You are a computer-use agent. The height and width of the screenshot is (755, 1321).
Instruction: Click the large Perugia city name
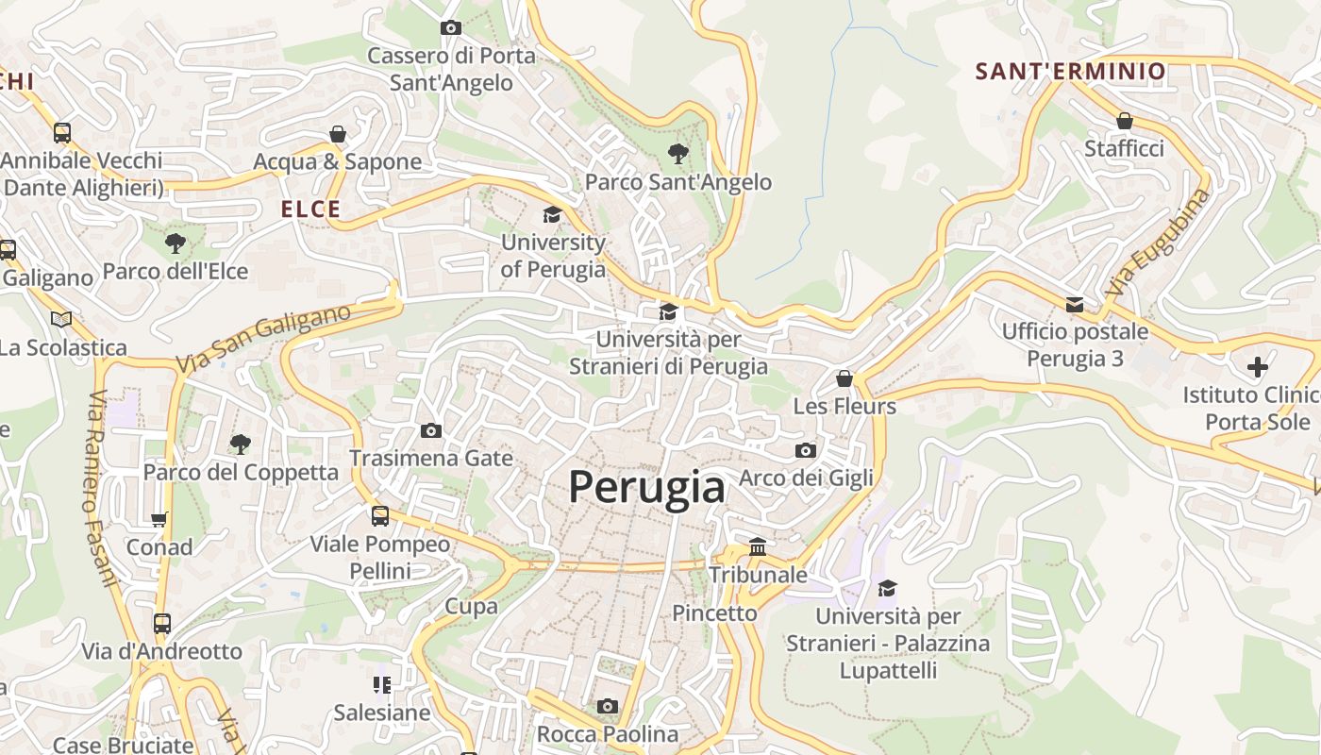point(646,488)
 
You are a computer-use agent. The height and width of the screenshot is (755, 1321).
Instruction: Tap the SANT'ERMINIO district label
point(1070,72)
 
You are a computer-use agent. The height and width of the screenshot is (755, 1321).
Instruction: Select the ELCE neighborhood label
point(310,210)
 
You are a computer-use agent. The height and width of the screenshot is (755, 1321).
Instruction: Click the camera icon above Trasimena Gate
point(431,431)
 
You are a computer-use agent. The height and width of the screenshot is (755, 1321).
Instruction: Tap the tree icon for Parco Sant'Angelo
point(677,153)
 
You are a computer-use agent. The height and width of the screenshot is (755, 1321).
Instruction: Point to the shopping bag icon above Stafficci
point(1124,121)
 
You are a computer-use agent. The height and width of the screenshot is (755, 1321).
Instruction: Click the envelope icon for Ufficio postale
point(1075,304)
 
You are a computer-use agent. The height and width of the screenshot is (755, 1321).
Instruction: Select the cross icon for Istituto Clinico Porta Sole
point(1257,366)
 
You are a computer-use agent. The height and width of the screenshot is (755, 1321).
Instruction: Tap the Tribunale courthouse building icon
point(758,546)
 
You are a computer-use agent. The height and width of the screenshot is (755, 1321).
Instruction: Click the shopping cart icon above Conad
point(159,519)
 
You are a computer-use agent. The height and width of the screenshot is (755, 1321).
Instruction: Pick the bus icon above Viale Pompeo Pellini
point(380,516)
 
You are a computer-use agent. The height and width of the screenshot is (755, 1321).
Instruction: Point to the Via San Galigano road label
point(263,338)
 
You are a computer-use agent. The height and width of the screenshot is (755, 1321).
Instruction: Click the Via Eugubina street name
point(1158,243)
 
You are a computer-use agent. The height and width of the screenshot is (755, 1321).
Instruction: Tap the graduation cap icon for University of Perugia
point(552,215)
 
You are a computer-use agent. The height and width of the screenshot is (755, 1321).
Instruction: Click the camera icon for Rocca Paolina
point(608,706)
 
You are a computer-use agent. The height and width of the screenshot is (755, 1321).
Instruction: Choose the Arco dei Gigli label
point(806,478)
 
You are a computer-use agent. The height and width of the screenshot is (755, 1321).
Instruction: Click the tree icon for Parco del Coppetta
point(241,444)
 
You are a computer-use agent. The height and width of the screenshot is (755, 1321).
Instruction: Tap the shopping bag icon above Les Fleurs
point(844,378)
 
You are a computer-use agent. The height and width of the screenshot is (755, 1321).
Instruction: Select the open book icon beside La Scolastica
point(61,319)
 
